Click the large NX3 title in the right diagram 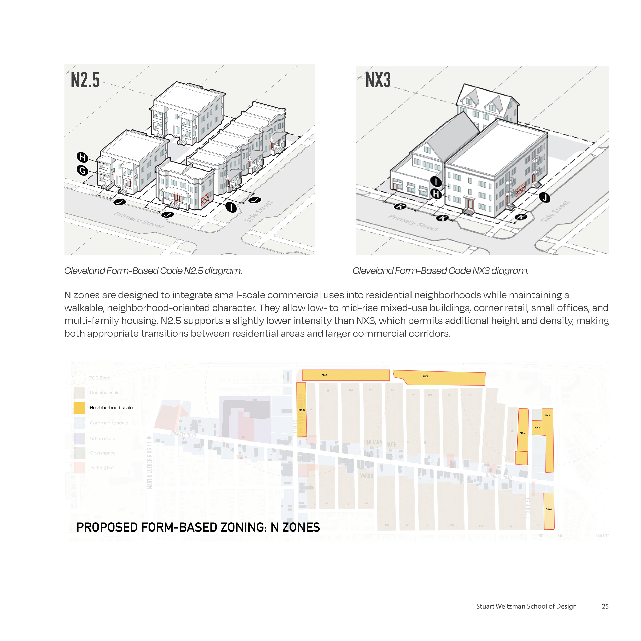378,80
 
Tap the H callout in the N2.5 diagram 82,157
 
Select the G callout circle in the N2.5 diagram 82,171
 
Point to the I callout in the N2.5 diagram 231,207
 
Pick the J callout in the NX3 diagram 544,198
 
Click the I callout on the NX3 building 436,182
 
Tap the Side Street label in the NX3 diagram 555,211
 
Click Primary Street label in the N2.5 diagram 139,220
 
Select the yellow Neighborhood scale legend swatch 79,408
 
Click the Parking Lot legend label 102,467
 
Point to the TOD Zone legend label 100,378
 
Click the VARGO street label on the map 367,476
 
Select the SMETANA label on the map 373,442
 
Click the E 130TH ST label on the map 528,508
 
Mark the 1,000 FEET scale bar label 602,536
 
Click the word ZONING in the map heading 237,527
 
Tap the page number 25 605,606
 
